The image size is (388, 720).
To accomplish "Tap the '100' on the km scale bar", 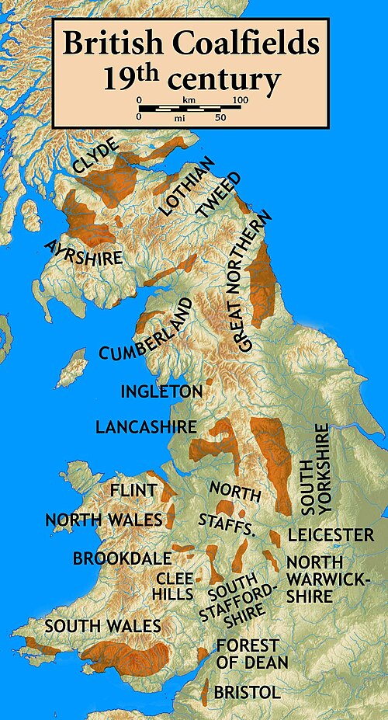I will tap(240, 101).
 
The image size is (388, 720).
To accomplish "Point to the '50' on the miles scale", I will tap(220, 117).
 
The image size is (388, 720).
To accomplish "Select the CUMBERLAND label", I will tap(145, 330).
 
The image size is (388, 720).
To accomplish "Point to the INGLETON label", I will tap(161, 391).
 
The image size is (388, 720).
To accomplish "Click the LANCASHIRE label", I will tap(145, 426).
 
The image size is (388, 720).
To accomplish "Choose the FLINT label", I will tap(133, 491).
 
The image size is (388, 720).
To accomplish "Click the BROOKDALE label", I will tap(110, 558).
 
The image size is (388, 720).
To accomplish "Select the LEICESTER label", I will tap(331, 535).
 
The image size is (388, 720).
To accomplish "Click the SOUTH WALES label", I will tap(102, 626).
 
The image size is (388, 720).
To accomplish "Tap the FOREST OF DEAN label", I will tap(251, 654).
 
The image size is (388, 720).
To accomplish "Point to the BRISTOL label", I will tap(247, 692).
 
